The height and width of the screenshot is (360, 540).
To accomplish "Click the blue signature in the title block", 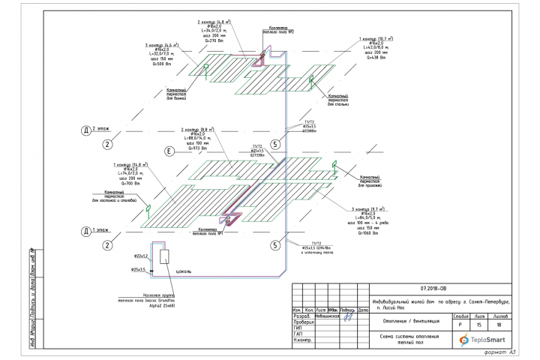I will click(348, 316).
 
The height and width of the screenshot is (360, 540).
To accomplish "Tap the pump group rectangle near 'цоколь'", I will click(163, 256).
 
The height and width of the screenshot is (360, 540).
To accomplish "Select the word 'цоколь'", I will click(185, 268).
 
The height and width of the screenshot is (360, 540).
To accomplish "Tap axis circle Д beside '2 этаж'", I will click(88, 130).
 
